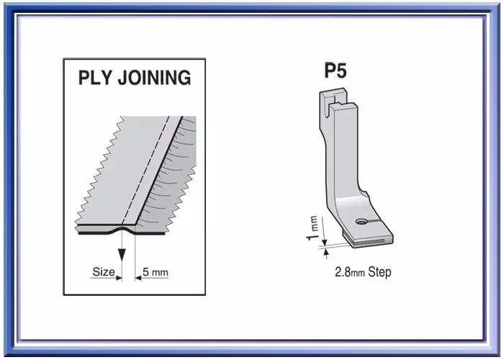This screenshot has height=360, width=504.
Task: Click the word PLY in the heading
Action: click(95, 78)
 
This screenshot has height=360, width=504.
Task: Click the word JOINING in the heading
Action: click(154, 78)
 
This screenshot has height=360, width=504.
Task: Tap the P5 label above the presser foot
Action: click(336, 71)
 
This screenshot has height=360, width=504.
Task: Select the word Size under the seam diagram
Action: click(104, 272)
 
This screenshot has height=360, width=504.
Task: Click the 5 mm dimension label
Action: click(156, 272)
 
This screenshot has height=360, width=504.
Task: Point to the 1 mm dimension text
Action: click(312, 228)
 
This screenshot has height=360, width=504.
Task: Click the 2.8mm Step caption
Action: click(363, 272)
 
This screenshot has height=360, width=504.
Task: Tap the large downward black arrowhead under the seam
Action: click(122, 255)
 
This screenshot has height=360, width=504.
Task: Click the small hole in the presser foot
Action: click(362, 221)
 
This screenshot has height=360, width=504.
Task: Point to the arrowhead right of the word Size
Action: click(119, 278)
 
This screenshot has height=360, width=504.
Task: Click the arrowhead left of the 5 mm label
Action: click(138, 278)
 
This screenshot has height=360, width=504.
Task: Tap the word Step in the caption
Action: click(379, 272)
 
